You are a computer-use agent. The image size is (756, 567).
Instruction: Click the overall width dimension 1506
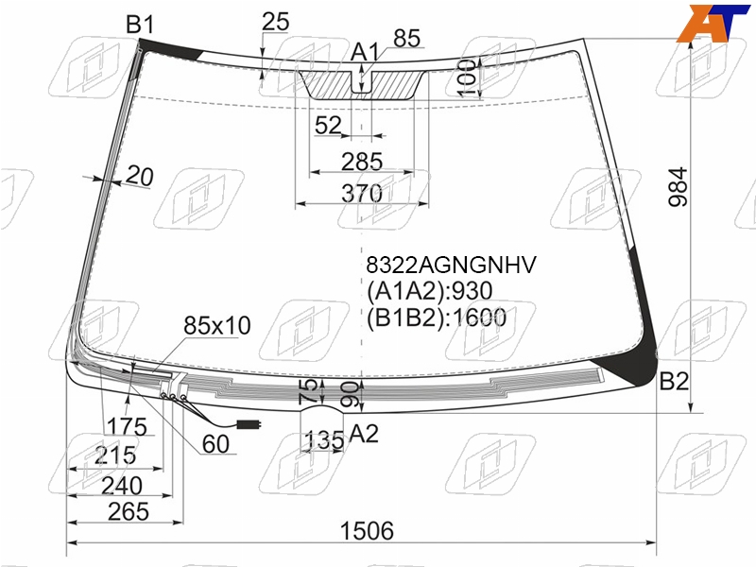367,531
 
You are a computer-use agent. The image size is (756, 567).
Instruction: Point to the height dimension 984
678,187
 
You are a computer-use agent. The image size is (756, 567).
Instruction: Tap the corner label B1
140,24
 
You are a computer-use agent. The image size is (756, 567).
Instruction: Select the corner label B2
674,382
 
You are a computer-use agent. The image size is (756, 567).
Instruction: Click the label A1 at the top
365,52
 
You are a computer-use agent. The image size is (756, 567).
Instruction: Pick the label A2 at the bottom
364,434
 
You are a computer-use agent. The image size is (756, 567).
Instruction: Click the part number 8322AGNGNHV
452,265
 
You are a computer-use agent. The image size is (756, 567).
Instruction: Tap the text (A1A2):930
430,291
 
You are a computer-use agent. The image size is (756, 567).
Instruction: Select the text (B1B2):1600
437,318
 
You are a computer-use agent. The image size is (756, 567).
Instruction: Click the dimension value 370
362,194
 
